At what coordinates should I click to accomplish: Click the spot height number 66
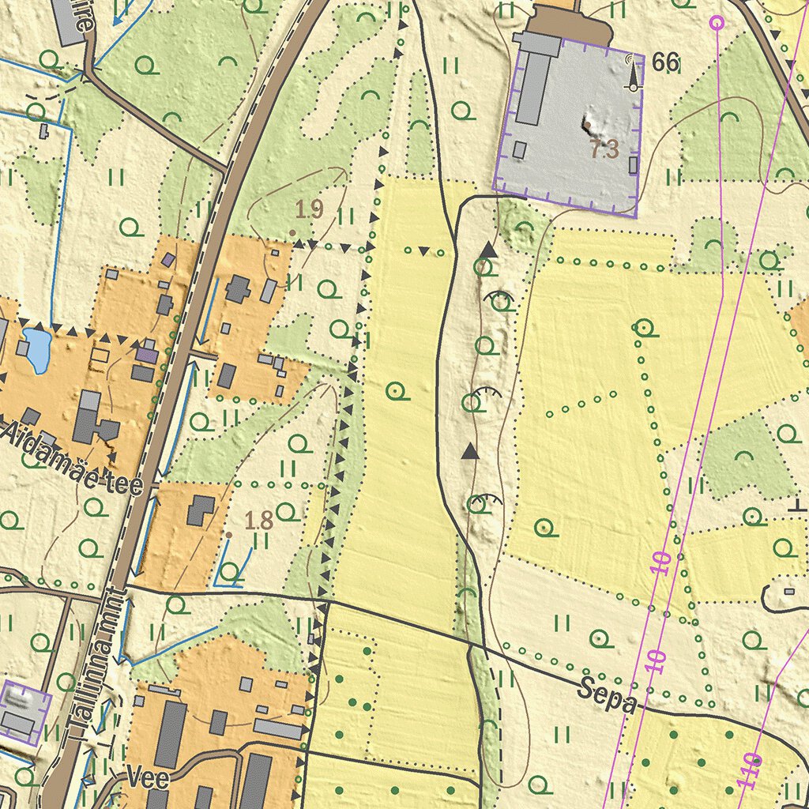click(666, 62)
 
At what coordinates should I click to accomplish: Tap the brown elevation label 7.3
click(604, 149)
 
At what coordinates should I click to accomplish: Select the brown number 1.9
click(310, 209)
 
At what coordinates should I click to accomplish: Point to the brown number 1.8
click(259, 521)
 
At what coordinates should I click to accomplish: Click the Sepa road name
click(607, 694)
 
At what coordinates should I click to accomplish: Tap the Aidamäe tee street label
click(73, 457)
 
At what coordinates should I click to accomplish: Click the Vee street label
click(147, 778)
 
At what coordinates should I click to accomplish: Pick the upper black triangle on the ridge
click(488, 250)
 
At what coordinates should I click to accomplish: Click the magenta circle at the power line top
click(717, 22)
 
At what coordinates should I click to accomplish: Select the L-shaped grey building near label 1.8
click(200, 510)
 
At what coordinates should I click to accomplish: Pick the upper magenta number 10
click(663, 562)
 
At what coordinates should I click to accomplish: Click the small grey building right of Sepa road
click(788, 591)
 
